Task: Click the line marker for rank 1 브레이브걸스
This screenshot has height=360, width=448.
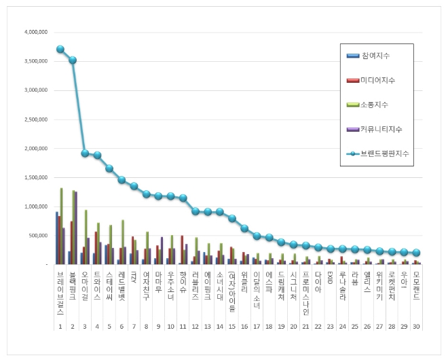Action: (x=60, y=49)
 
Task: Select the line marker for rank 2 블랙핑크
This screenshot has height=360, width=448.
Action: (x=73, y=60)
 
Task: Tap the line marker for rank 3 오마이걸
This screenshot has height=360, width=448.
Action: (x=85, y=153)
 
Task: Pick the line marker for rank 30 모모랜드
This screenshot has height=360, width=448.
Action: (x=416, y=252)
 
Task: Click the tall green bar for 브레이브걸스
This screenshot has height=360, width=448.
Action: (x=61, y=226)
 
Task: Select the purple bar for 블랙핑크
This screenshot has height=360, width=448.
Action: (x=76, y=228)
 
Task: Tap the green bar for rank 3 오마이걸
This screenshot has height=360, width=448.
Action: (x=86, y=236)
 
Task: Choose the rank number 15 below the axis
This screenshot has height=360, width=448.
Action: (x=232, y=327)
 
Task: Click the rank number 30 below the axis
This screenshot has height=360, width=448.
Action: (x=415, y=327)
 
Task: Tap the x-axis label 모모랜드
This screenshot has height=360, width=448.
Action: (x=415, y=287)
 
